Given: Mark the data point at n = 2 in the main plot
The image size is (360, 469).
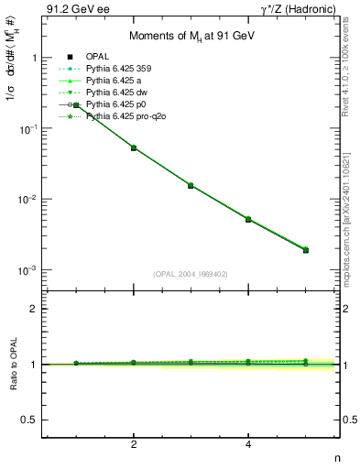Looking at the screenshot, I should (x=134, y=147).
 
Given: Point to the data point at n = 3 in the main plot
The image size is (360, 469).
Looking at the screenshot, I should (x=191, y=185).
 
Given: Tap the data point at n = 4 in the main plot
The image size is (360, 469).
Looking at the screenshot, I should (x=248, y=219).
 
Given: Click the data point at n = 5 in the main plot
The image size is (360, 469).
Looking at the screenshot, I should (x=306, y=249).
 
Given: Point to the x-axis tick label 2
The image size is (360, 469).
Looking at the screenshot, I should (x=134, y=444).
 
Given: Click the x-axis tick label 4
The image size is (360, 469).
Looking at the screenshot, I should (x=248, y=444).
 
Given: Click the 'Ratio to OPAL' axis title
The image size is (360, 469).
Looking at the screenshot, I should (x=12, y=365).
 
